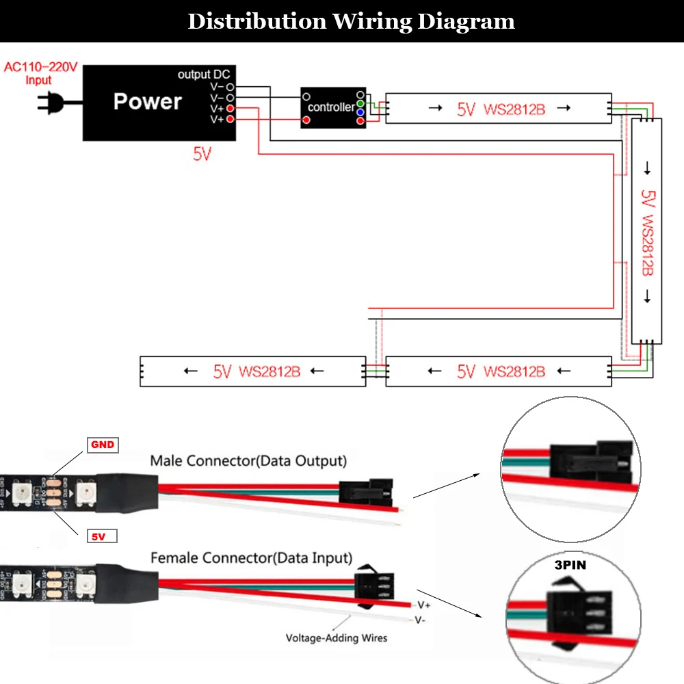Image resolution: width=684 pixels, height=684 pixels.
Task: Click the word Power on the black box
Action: pyautogui.click(x=147, y=101)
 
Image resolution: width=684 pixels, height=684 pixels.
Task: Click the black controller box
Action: pyautogui.click(x=333, y=107)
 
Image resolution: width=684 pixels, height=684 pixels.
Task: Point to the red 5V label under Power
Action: pyautogui.click(x=202, y=154)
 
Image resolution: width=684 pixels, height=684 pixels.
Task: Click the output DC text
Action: pyautogui.click(x=204, y=75)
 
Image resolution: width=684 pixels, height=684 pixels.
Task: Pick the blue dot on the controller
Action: pyautogui.click(x=360, y=111)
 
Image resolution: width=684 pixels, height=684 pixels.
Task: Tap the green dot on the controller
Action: pyautogui.click(x=360, y=103)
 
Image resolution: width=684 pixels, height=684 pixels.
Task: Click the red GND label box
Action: pyautogui.click(x=102, y=445)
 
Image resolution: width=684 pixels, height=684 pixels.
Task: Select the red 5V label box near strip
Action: pyautogui.click(x=101, y=536)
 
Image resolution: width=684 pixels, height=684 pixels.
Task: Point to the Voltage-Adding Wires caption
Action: pyautogui.click(x=336, y=638)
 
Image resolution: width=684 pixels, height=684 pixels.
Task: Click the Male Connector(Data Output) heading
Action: pyautogui.click(x=248, y=461)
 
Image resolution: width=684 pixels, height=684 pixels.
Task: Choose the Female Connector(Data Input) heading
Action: pyautogui.click(x=251, y=557)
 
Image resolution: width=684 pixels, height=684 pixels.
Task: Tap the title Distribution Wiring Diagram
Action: pyautogui.click(x=351, y=21)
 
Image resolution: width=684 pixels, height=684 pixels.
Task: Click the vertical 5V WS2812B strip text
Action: pyautogui.click(x=647, y=233)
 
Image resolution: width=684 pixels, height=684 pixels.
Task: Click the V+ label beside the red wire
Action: pyautogui.click(x=424, y=605)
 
